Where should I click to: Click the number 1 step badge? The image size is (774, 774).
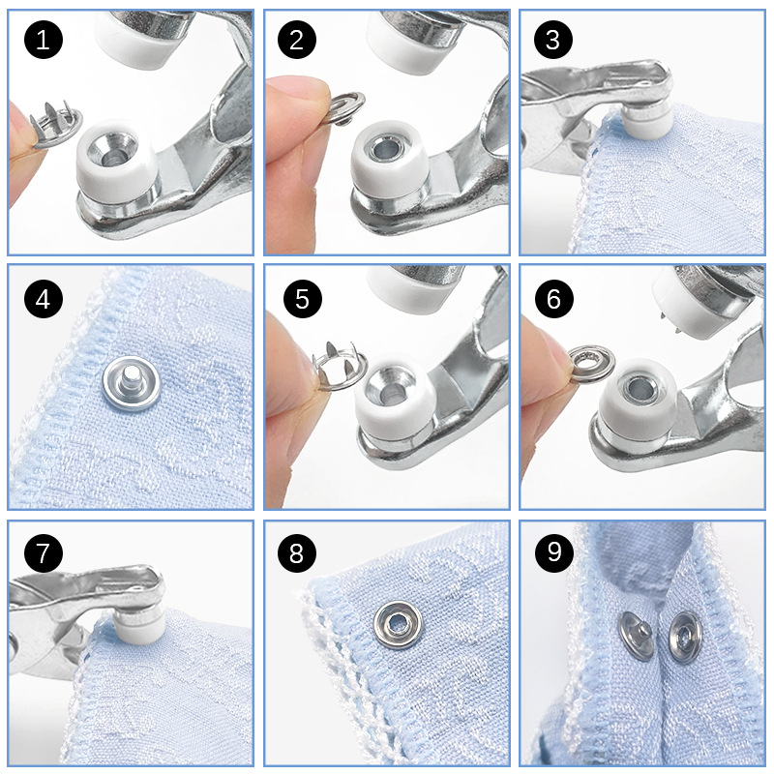(x=44, y=40)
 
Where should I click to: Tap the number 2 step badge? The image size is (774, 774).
(x=297, y=40)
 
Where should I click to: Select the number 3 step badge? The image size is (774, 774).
(x=553, y=40)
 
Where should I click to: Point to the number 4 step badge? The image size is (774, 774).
(x=44, y=299)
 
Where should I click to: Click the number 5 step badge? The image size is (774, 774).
(x=303, y=299)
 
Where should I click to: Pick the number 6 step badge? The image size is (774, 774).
(x=553, y=299)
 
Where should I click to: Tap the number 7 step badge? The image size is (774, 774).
(x=44, y=552)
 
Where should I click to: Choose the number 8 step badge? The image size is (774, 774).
(x=297, y=552)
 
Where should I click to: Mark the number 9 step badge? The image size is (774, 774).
(x=553, y=552)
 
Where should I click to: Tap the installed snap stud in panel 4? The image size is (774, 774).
(x=132, y=384)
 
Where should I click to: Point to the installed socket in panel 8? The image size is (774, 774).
(x=398, y=624)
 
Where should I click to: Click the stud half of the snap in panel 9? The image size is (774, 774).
(x=637, y=636)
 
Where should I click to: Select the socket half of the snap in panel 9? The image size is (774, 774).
(x=685, y=637)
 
